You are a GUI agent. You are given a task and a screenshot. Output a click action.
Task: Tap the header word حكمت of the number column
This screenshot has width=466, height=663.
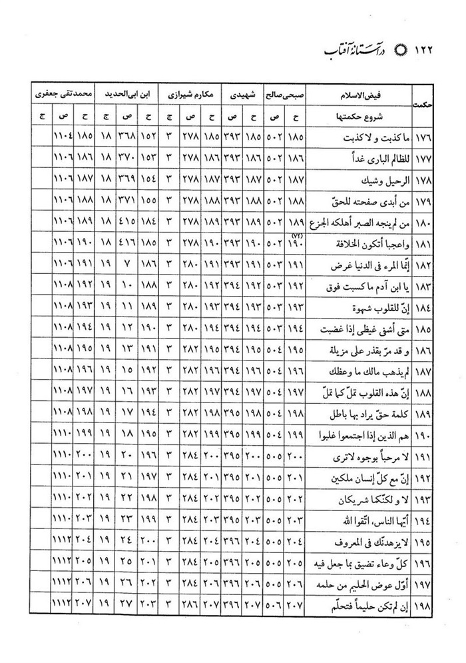(x=420, y=105)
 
